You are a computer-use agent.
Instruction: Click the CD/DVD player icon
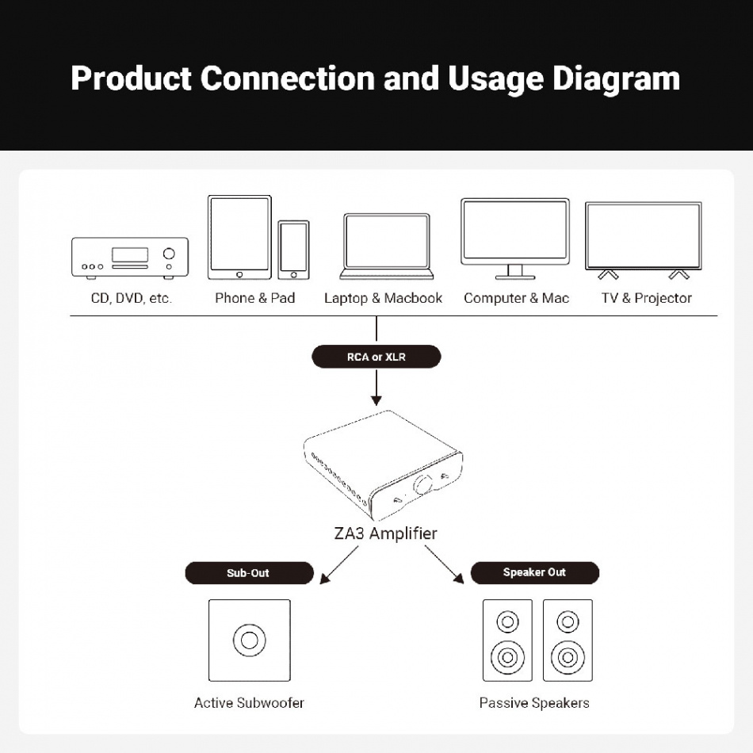click(130, 257)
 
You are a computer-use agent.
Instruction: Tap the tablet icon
click(239, 237)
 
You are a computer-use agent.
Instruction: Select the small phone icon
click(293, 250)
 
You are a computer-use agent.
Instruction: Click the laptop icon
click(387, 247)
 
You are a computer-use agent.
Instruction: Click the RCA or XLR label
click(376, 357)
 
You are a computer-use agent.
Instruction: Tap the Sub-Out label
click(249, 572)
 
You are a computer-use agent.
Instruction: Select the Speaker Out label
click(534, 572)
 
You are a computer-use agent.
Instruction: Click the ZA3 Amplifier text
click(385, 533)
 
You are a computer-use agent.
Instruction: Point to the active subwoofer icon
click(249, 640)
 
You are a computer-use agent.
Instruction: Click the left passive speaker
click(507, 640)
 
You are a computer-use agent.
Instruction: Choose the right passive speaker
click(567, 640)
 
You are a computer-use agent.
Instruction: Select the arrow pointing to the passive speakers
click(444, 565)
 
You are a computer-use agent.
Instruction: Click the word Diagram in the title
click(616, 78)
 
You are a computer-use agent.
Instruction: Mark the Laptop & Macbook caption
click(383, 298)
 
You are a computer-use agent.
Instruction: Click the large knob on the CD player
click(169, 254)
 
